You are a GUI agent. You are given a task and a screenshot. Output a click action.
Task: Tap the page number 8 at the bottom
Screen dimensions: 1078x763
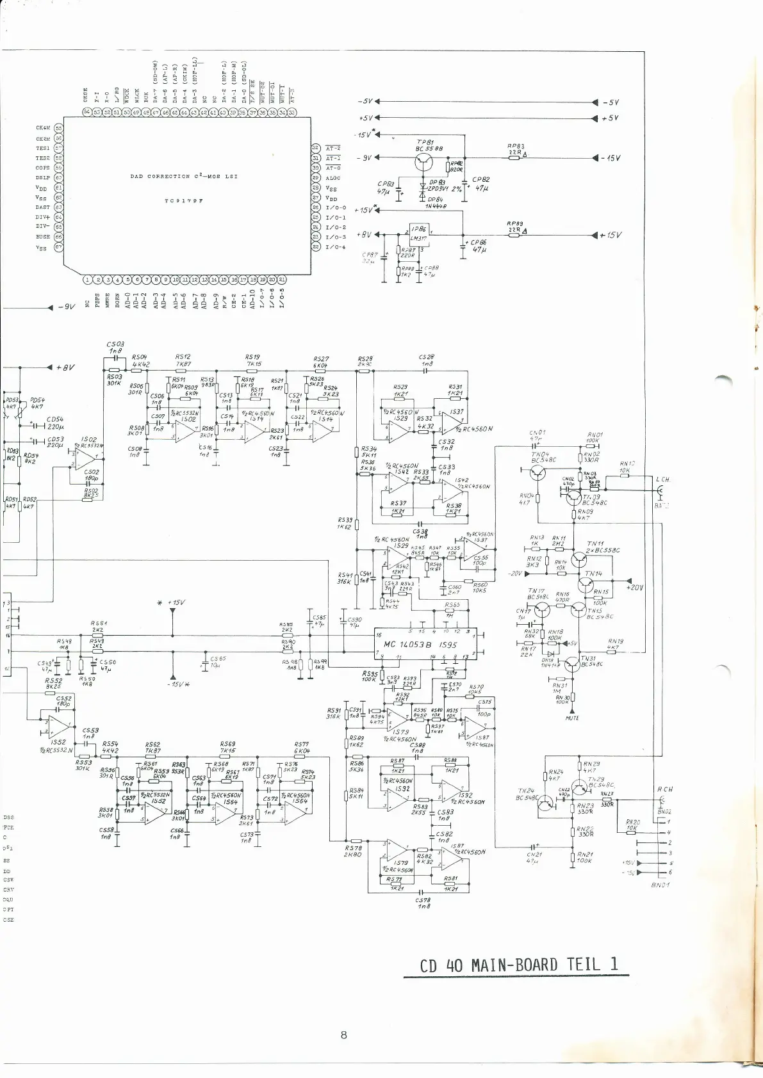(344, 1034)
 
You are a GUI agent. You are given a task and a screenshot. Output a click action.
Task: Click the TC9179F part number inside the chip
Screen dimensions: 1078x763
(184, 200)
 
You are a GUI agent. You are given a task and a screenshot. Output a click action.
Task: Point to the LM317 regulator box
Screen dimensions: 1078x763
(418, 234)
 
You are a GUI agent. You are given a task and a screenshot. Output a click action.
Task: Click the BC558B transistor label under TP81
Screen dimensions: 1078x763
(429, 149)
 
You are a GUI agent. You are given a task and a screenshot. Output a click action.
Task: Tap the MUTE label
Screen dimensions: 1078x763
(572, 718)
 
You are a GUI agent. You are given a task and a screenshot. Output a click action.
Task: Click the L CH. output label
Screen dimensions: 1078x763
(663, 479)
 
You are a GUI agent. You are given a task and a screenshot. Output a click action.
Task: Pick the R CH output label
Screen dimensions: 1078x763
(664, 790)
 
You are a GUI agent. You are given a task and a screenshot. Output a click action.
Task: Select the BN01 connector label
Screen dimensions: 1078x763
(660, 885)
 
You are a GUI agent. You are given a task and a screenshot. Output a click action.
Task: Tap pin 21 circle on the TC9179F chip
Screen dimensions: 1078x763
(282, 279)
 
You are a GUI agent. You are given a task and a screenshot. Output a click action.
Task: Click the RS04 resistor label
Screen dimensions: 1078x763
(140, 357)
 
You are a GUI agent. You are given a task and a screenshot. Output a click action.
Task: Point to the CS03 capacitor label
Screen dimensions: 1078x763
(115, 344)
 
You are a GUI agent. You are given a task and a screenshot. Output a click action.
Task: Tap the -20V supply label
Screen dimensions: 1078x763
(514, 574)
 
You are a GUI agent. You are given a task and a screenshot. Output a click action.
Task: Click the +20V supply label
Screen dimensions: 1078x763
(635, 587)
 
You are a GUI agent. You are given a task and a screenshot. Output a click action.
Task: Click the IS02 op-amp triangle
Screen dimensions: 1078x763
(85, 458)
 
